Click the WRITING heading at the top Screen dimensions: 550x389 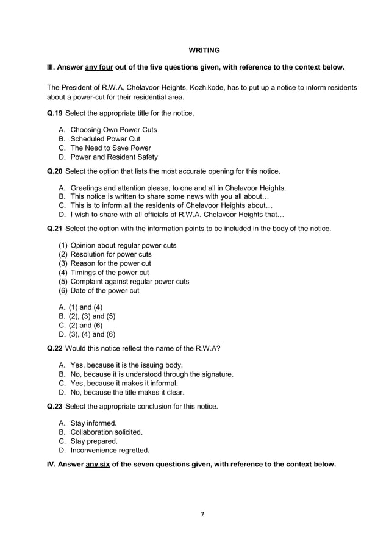click(x=204, y=49)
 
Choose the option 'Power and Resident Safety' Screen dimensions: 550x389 click(x=114, y=157)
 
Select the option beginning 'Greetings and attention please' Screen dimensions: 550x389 click(x=177, y=188)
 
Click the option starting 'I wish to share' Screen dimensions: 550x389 click(x=176, y=215)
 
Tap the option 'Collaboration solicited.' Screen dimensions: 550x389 click(x=107, y=432)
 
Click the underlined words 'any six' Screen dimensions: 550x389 click(x=97, y=464)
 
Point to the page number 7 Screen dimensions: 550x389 click(x=203, y=514)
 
